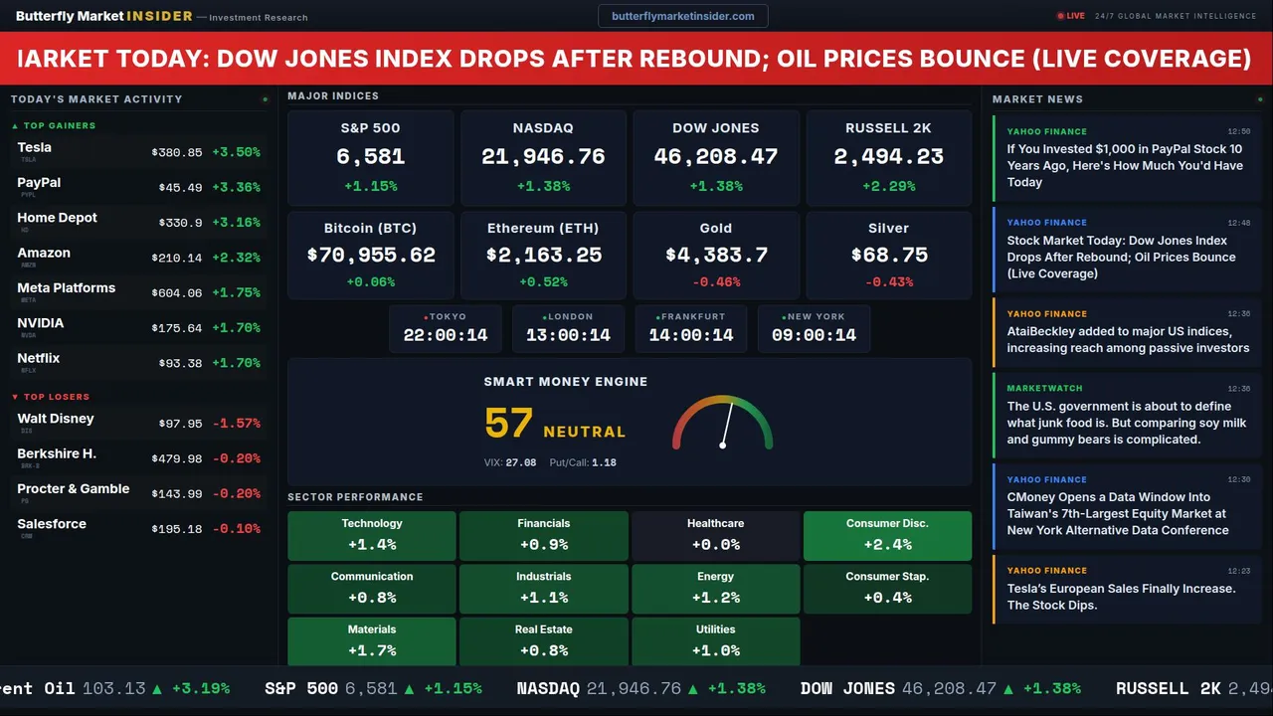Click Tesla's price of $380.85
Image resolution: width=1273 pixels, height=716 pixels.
[x=177, y=153]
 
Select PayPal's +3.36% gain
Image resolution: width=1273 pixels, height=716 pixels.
[x=237, y=188]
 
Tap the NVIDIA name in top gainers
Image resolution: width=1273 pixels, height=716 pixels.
[x=41, y=323]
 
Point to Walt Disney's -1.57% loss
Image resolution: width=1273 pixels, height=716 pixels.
[x=237, y=424]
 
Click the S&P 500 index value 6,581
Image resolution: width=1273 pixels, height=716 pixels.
[x=370, y=157]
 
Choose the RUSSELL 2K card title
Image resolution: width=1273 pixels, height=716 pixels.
[x=888, y=128]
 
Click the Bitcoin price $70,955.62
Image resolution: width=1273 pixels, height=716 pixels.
[x=371, y=256]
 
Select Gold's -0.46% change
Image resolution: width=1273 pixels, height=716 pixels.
[x=715, y=282]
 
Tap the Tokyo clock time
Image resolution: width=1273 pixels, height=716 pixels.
[x=446, y=335]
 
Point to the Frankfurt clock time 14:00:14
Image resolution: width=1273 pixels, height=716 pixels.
[x=691, y=335]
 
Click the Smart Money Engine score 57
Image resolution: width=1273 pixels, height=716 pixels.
[x=508, y=424]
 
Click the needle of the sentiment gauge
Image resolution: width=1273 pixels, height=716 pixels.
[x=727, y=425]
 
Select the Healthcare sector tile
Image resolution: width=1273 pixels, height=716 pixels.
[x=715, y=535]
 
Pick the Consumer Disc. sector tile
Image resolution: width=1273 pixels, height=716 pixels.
[x=887, y=535]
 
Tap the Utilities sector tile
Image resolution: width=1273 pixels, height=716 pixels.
[x=715, y=641]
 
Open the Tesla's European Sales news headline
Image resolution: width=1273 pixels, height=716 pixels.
[x=1121, y=597]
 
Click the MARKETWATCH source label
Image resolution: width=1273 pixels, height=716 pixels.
[x=1044, y=389]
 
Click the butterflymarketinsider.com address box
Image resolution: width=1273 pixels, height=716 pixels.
[x=683, y=16]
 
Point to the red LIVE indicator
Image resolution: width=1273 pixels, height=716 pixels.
[x=1071, y=16]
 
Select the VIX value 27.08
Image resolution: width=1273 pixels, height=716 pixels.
[x=520, y=462]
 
